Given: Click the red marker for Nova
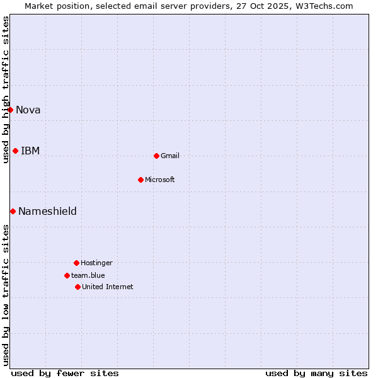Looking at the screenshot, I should (10, 110).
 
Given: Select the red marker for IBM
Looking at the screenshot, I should (15, 151).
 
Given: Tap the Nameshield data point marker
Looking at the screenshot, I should (13, 211).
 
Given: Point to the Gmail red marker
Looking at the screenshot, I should (156, 156).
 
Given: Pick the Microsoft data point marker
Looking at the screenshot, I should (140, 180).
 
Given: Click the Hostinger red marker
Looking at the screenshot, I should (76, 263).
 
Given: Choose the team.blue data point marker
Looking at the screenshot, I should (67, 275).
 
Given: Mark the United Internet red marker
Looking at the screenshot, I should (77, 287).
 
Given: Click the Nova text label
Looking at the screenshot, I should (28, 110).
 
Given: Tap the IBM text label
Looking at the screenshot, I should (30, 151).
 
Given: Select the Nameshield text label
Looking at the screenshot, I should (47, 211).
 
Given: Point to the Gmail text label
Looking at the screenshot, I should (170, 156).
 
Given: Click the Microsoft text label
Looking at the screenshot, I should (160, 180).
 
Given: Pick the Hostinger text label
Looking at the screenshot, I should (96, 263).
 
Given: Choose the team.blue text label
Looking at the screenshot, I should (88, 275).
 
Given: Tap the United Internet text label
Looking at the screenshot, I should (108, 287).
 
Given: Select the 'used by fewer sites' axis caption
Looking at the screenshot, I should (65, 373).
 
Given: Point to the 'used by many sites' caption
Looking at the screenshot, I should (316, 373).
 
